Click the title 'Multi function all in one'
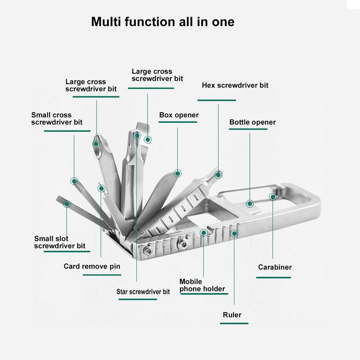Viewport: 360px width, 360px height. click(162, 22)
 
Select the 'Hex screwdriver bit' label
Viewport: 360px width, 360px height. click(235, 85)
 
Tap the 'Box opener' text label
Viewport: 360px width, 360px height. click(179, 115)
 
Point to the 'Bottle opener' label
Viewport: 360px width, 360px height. click(252, 122)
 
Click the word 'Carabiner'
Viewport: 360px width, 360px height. click(274, 267)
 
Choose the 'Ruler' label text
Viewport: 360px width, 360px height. click(232, 315)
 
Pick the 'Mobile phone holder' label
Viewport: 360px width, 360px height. click(202, 285)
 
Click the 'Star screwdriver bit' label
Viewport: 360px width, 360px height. click(143, 292)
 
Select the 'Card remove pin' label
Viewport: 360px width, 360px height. click(92, 266)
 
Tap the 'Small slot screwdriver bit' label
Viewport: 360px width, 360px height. click(60, 242)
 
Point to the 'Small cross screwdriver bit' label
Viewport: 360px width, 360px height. click(57, 118)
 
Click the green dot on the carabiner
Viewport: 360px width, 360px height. click(272, 197)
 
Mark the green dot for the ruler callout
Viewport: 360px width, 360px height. click(234, 233)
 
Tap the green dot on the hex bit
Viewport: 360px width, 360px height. click(218, 174)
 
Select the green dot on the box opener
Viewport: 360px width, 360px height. click(178, 173)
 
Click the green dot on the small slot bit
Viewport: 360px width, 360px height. click(67, 204)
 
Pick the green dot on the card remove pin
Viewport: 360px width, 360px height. click(101, 188)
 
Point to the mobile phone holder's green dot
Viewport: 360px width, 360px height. click(204, 233)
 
